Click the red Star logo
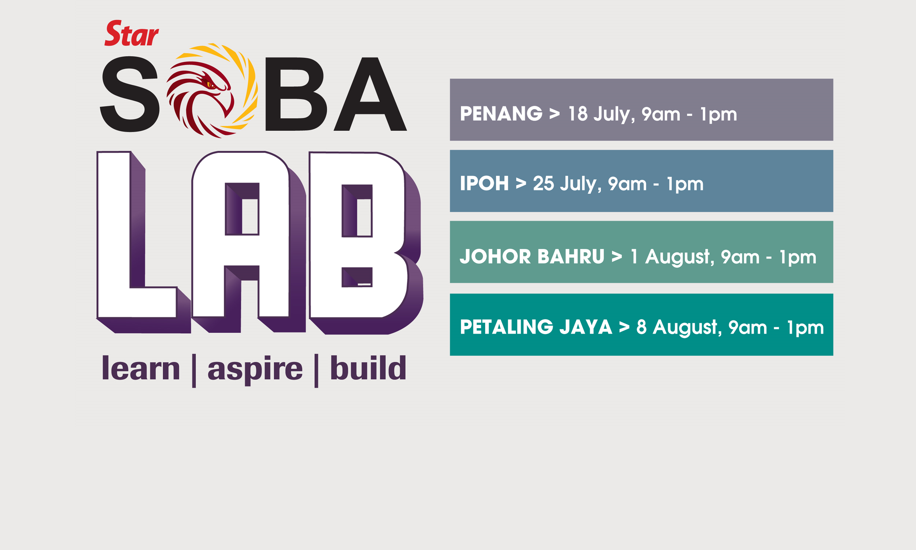pos(132,33)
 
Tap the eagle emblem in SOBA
pos(212,91)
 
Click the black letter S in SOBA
pos(130,94)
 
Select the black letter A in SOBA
pos(370,94)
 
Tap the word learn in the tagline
pos(141,368)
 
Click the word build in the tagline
pos(368,368)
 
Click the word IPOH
pos(484,183)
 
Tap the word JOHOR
pos(495,256)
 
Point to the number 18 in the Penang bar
pos(578,114)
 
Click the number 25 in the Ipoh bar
pos(543,183)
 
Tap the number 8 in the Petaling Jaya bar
pos(642,327)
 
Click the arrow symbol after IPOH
pos(521,184)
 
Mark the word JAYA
pos(586,327)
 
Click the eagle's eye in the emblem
pos(210,85)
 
